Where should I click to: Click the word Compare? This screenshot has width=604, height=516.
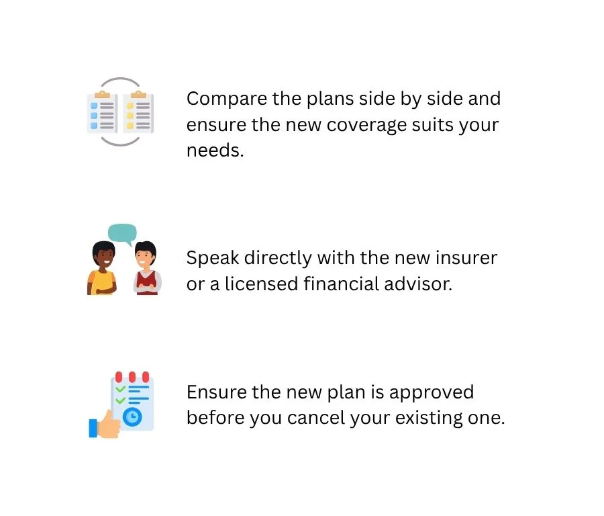point(227,99)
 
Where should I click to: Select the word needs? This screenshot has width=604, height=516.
point(215,150)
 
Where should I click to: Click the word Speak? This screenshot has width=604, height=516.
point(213,259)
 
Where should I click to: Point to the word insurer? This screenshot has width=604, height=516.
point(466,257)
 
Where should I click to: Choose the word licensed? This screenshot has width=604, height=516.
point(262,284)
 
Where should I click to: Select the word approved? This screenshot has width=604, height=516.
point(432,393)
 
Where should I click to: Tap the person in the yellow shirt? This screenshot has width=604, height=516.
point(103,268)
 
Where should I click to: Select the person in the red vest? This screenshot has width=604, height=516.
point(147,268)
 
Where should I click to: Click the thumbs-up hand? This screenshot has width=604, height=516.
point(105,425)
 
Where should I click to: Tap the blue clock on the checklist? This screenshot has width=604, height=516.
point(132,417)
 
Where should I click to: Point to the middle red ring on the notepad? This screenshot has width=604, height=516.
point(132,377)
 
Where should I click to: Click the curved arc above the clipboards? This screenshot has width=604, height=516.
point(120,79)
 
